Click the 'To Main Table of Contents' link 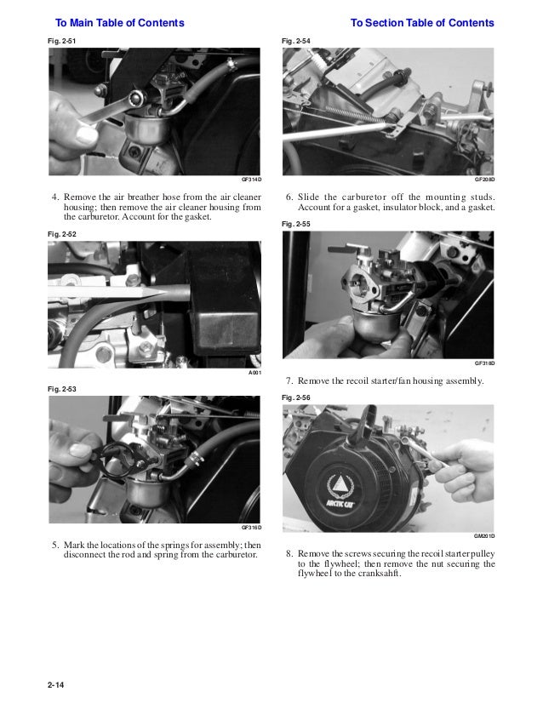click(119, 22)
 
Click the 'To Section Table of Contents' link click(421, 22)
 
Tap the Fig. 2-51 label click(61, 40)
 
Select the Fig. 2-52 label click(61, 233)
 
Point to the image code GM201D click(484, 536)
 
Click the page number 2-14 click(56, 684)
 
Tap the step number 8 click(289, 553)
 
